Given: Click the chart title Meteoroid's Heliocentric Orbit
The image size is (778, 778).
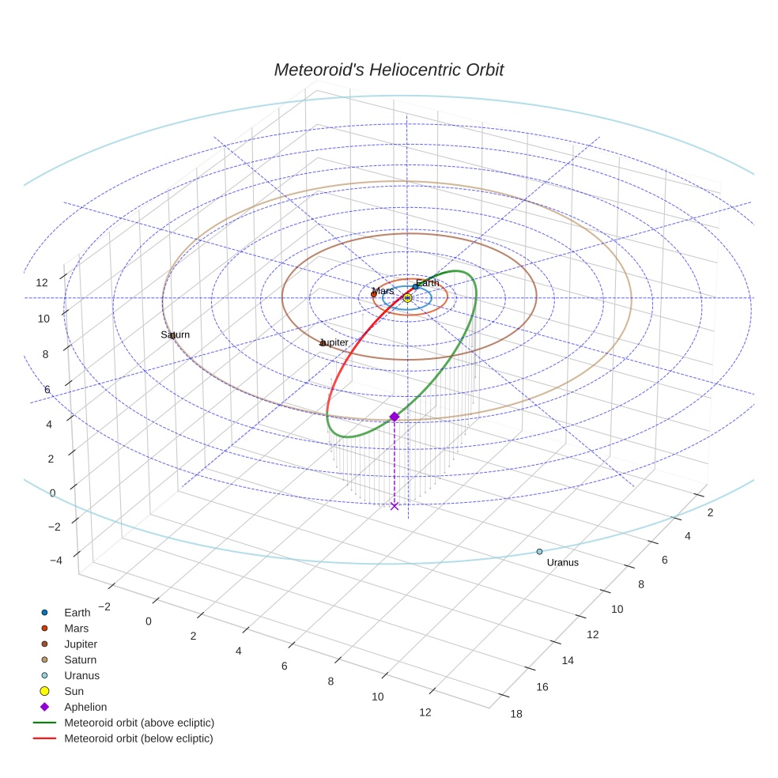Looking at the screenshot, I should tap(388, 70).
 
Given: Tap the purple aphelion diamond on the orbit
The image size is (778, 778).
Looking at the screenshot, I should tap(395, 417).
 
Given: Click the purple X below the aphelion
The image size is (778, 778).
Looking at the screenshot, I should tap(395, 506).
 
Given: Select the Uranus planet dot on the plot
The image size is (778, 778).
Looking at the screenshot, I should tap(539, 552).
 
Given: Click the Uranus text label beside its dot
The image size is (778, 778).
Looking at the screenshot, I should tap(562, 563).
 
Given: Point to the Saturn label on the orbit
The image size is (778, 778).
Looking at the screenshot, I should tap(176, 335).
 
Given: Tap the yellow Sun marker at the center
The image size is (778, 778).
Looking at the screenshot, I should tap(407, 298).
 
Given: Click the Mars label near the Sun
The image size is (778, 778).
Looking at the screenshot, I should tap(383, 291).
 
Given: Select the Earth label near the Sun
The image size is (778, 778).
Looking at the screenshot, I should tap(427, 283).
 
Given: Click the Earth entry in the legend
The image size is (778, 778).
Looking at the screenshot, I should tap(77, 613).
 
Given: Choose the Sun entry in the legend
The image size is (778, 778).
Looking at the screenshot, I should tap(74, 691).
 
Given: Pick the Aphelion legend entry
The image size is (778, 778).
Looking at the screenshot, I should tap(85, 707).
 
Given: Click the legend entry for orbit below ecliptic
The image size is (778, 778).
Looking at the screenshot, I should tap(138, 738).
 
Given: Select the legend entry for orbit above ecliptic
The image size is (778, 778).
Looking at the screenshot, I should tap(139, 723).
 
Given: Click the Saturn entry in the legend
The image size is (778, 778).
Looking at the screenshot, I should tap(80, 660).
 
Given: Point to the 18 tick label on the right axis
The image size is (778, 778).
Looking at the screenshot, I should tap(516, 713).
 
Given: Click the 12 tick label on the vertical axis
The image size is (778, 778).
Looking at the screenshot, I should tap(42, 282).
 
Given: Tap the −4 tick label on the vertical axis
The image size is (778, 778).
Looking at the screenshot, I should tap(56, 561).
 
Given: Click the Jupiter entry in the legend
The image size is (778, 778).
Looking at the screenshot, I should tap(81, 644).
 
